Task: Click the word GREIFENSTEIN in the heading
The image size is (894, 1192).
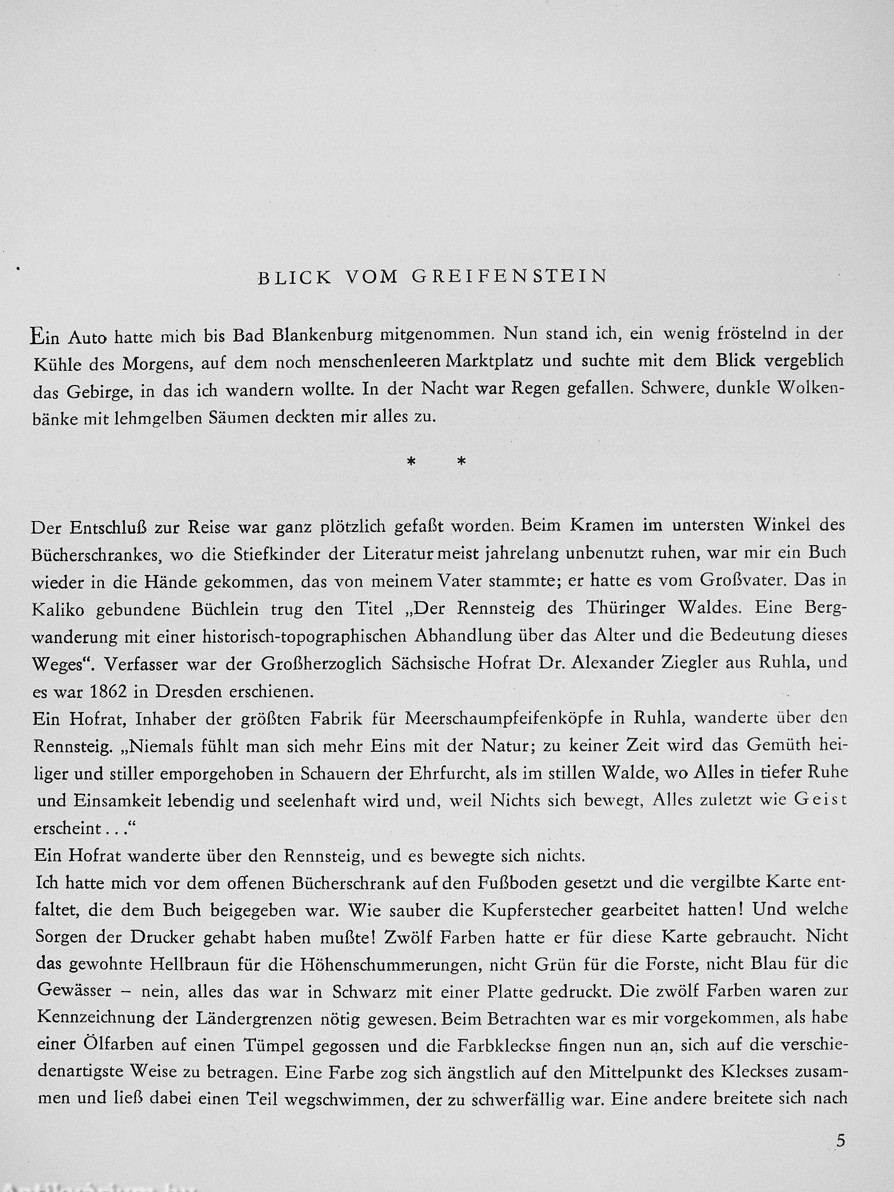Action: pos(509,276)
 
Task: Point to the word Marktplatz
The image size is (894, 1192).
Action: pos(490,360)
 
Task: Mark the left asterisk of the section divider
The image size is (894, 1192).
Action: pos(411,462)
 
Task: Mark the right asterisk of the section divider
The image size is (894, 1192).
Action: pos(461,462)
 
